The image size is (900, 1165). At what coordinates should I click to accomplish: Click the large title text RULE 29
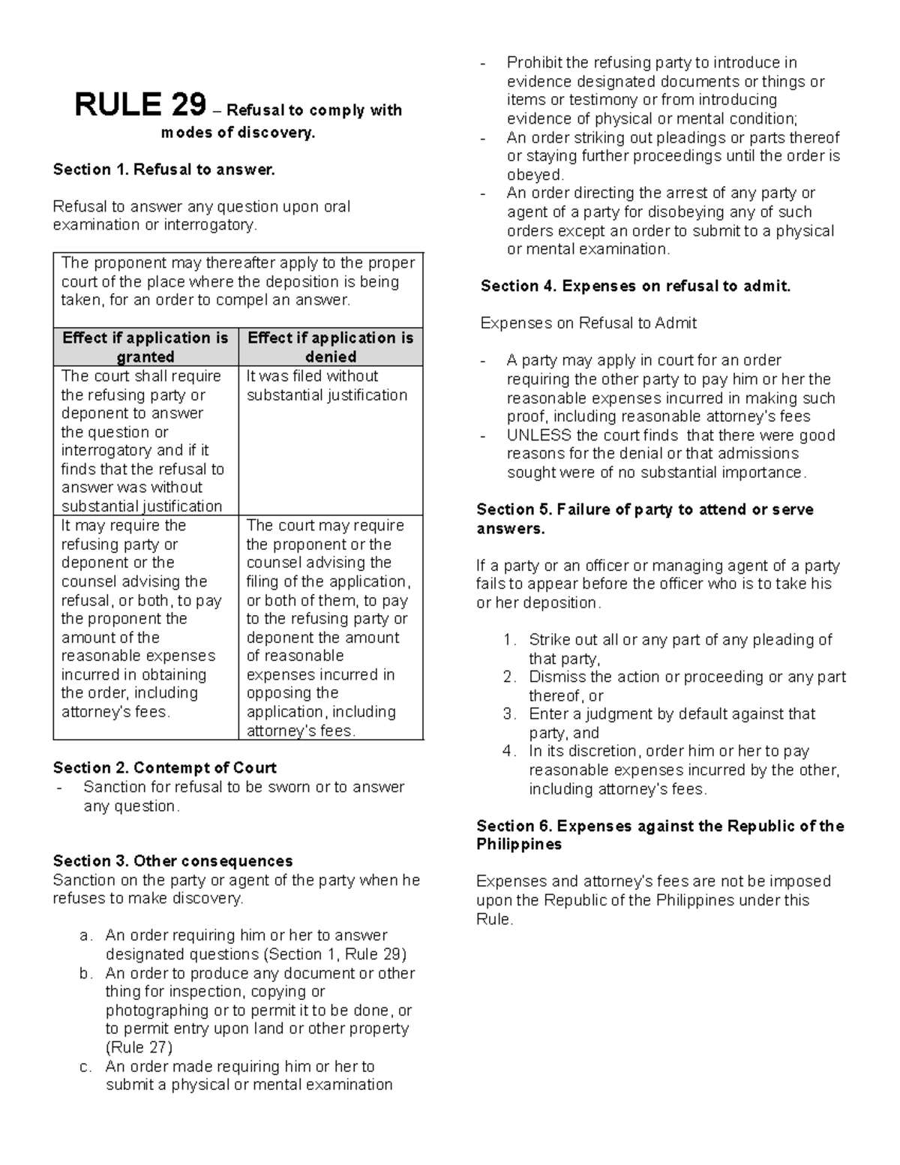[x=139, y=106]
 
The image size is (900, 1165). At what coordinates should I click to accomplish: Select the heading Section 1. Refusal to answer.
[x=164, y=170]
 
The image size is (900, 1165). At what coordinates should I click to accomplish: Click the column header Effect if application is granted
[x=145, y=347]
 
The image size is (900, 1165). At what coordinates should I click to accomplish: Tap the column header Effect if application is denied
[x=330, y=347]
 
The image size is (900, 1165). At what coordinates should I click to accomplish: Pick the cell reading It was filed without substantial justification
[x=327, y=386]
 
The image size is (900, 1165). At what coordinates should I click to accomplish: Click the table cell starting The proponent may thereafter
[x=238, y=282]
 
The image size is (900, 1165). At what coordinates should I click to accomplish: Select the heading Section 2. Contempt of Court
[x=164, y=767]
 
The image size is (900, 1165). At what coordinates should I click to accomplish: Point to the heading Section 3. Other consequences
[x=172, y=860]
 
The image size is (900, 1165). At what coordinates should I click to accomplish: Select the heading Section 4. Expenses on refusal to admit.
[x=635, y=286]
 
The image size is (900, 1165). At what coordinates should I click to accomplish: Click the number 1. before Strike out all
[x=510, y=640]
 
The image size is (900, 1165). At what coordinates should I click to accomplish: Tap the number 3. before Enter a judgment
[x=510, y=714]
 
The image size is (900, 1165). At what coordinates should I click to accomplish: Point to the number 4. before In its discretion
[x=510, y=752]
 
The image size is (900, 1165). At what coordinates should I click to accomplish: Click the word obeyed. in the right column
[x=535, y=175]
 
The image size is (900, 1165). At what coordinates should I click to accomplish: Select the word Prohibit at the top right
[x=535, y=62]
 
